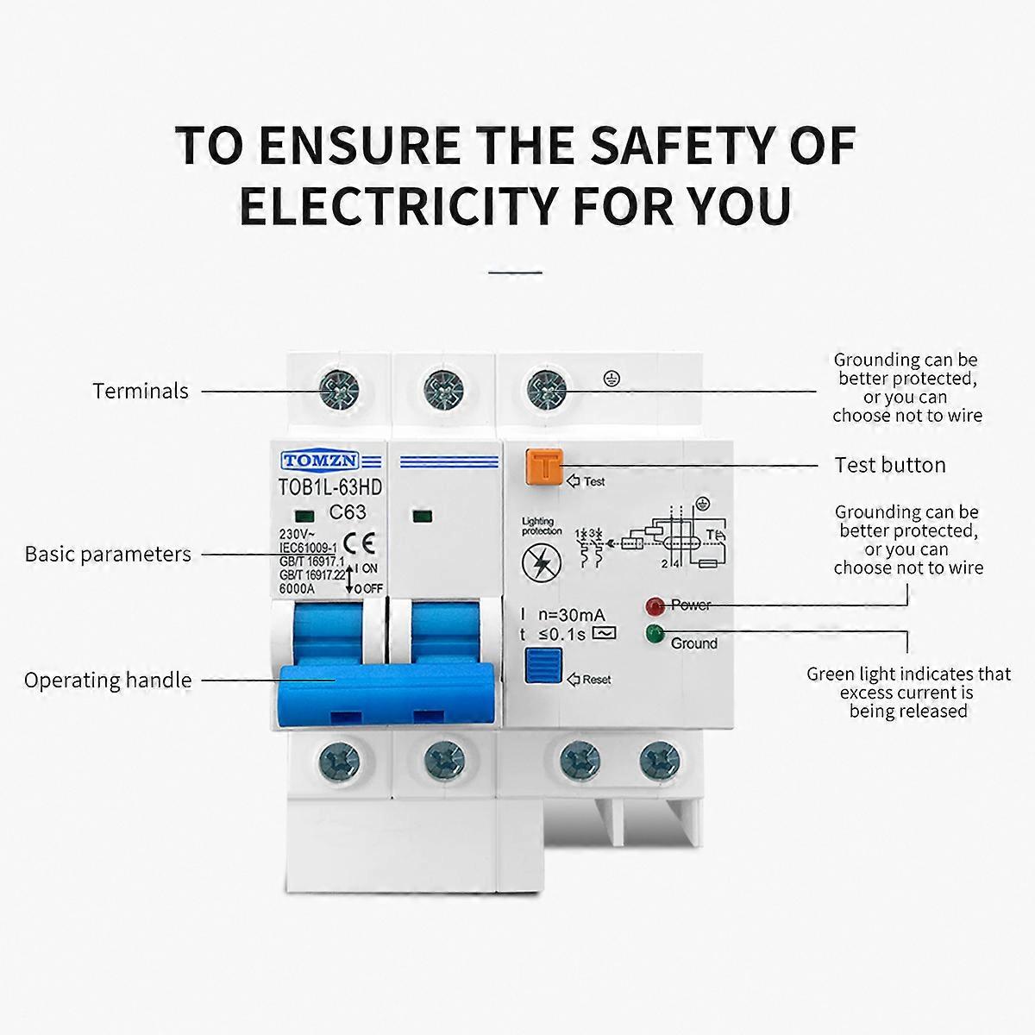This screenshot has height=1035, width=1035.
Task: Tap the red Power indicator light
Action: (x=653, y=605)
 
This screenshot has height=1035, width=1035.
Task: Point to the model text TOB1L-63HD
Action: (x=329, y=487)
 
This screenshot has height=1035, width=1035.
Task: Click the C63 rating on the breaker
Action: (x=348, y=512)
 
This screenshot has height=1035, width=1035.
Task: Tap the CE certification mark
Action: (x=354, y=543)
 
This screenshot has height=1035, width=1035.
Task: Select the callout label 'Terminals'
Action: (x=141, y=391)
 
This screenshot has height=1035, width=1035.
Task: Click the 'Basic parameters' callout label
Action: (x=108, y=554)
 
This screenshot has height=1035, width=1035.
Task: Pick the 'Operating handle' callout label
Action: (x=108, y=680)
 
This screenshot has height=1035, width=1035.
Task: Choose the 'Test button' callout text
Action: (x=890, y=465)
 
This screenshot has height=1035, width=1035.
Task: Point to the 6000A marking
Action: (x=297, y=589)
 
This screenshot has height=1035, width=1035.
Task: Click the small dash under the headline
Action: (x=515, y=272)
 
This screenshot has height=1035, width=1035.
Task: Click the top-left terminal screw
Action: (x=334, y=390)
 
